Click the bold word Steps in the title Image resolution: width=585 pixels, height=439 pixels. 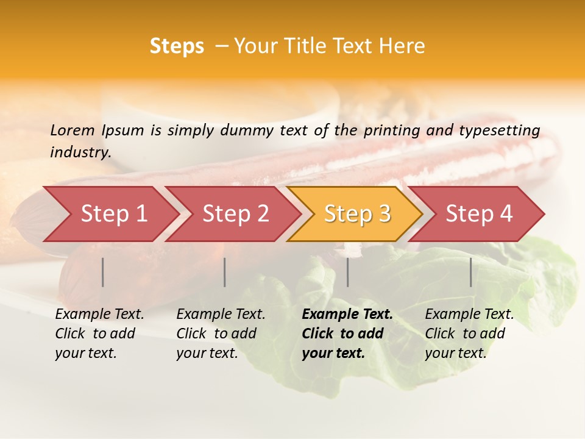177,46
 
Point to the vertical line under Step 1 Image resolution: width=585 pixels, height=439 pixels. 103,272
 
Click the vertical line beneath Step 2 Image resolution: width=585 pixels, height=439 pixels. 225,272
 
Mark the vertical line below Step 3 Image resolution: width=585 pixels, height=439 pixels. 348,272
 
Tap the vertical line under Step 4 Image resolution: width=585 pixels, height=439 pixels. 471,272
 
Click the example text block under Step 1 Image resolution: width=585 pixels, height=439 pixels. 99,334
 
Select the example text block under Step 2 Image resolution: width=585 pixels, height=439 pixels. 221,334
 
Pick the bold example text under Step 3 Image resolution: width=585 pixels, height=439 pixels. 347,334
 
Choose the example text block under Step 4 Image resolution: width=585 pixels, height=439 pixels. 469,334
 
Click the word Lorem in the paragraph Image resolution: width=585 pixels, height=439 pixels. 73,130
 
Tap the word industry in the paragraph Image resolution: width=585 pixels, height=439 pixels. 80,152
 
